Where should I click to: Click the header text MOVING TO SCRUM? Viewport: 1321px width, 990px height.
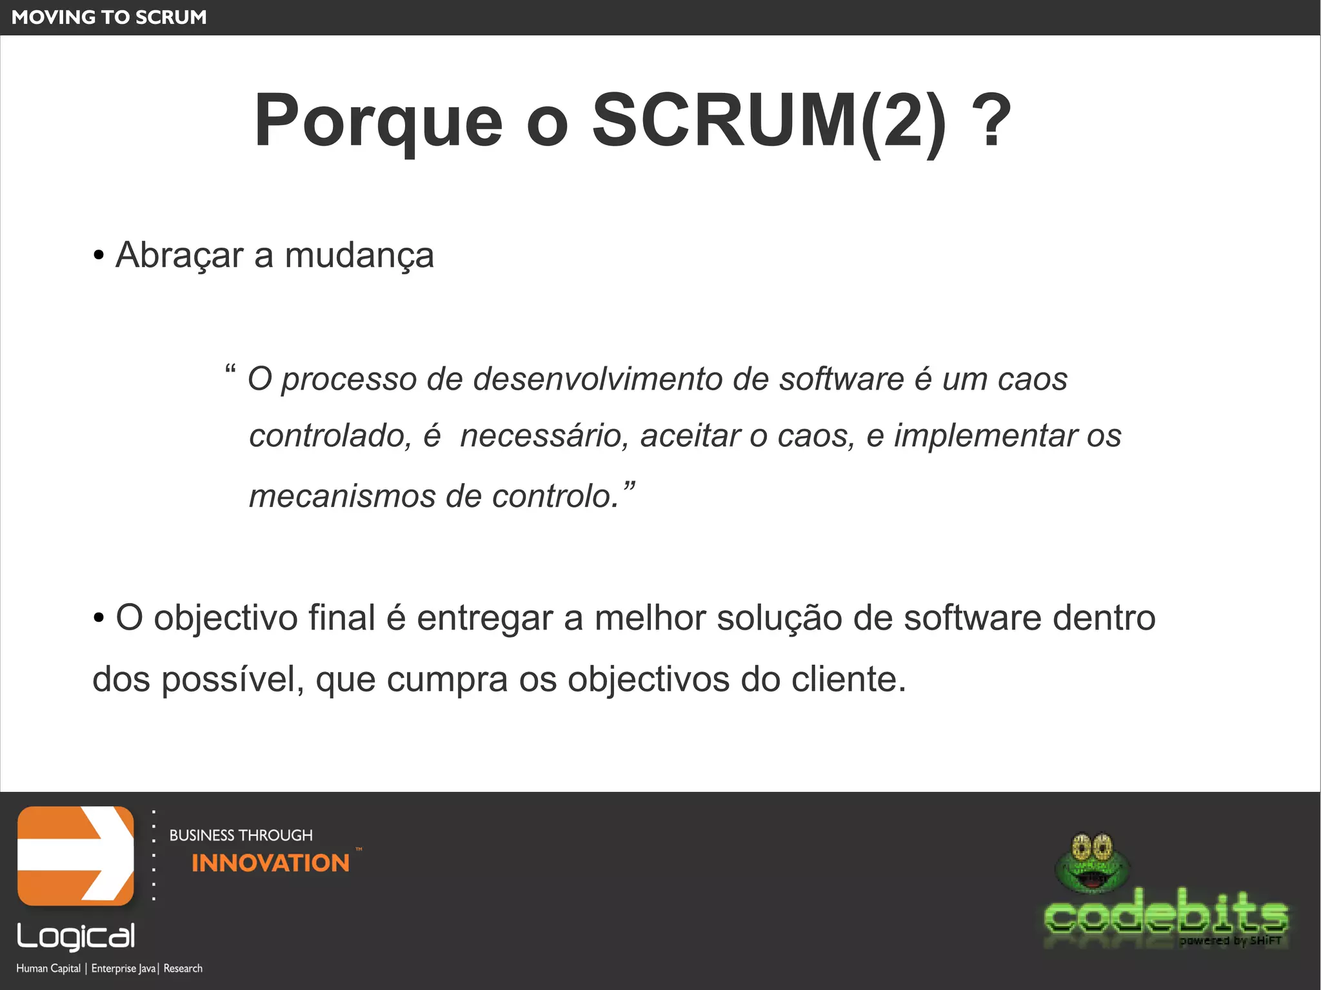[x=109, y=17]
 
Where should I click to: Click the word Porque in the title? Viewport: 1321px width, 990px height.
[x=378, y=121]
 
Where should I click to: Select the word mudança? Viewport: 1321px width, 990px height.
[x=359, y=255]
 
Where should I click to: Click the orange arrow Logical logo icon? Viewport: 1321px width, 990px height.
[x=75, y=856]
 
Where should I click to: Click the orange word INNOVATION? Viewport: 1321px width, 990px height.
[x=270, y=863]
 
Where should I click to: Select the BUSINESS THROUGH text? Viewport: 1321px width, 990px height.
[x=241, y=835]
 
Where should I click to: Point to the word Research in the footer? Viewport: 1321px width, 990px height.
[x=183, y=968]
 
